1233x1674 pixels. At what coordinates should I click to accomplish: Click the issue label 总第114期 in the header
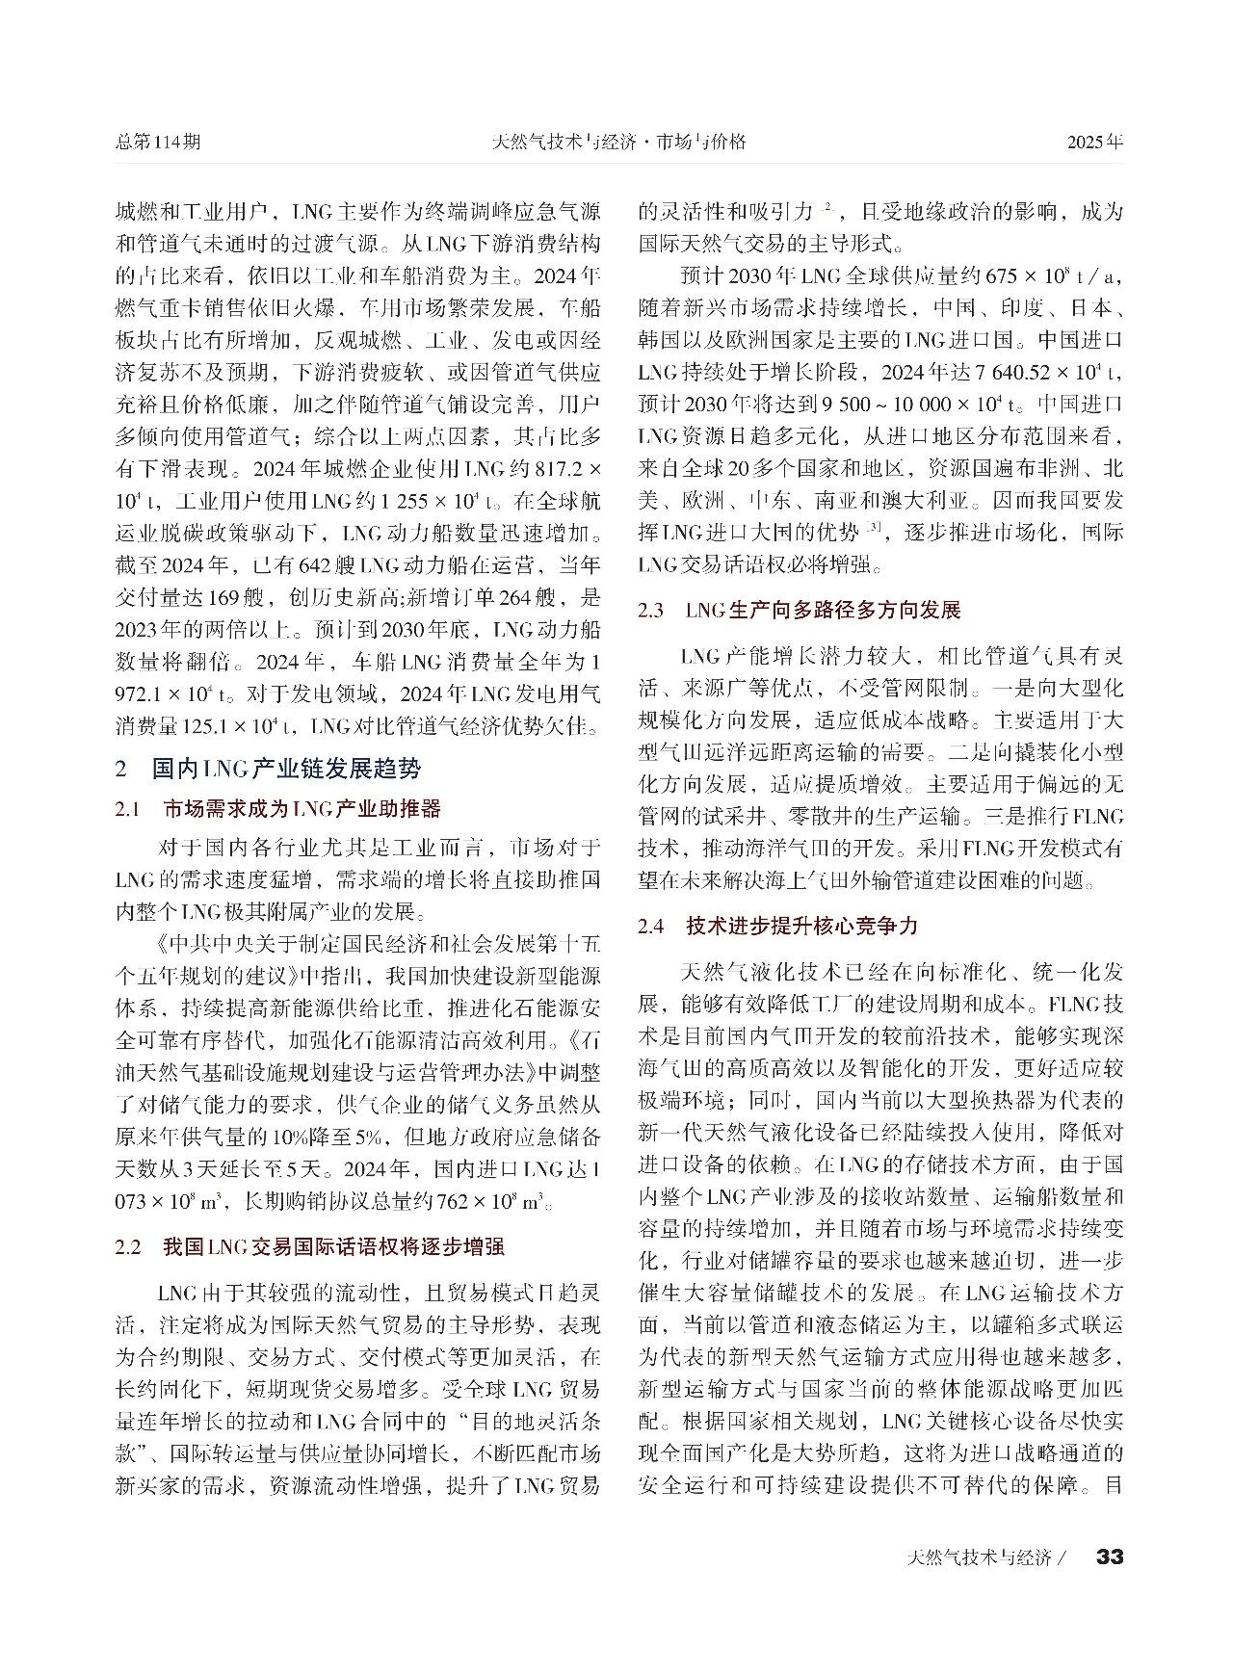tap(158, 142)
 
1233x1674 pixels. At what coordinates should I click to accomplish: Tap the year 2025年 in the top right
tap(1095, 142)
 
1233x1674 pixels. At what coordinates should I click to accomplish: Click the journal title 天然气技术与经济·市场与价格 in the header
tap(619, 142)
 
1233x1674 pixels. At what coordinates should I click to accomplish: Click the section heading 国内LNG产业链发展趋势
tap(286, 769)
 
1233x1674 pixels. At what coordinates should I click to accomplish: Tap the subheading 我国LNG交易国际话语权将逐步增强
tap(333, 1246)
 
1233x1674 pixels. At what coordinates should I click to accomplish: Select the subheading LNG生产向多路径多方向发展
tap(823, 610)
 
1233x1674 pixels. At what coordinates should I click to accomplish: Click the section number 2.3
tap(651, 611)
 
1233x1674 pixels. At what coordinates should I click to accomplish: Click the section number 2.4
tap(651, 927)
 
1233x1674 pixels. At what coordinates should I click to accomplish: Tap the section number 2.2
tap(128, 1247)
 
